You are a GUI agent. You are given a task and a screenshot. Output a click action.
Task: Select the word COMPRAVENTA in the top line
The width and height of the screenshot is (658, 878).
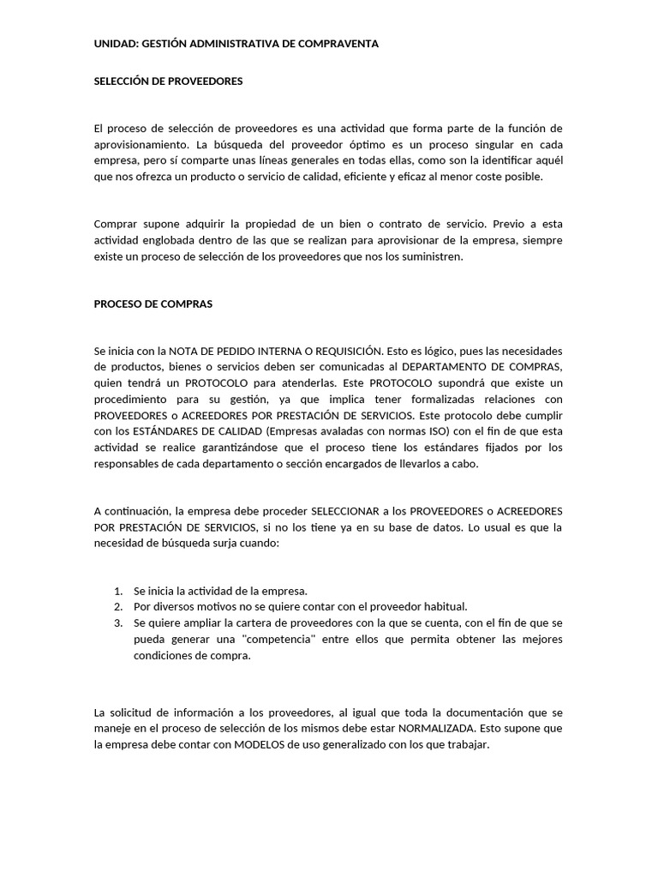click(338, 43)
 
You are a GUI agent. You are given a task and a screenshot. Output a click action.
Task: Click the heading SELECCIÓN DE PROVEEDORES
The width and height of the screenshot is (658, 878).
click(168, 81)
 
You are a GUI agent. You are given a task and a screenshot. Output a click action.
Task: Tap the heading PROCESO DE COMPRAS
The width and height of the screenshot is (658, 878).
click(153, 304)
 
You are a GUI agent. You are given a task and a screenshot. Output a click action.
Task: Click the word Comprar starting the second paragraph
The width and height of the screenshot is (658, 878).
click(114, 225)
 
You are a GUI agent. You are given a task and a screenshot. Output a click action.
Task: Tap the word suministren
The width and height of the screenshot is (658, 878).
click(435, 256)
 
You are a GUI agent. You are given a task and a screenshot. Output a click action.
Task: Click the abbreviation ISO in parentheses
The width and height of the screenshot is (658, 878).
click(440, 431)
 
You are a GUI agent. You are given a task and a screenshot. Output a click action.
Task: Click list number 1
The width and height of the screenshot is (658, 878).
click(118, 591)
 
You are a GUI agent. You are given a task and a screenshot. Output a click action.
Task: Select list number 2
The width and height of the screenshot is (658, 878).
click(118, 607)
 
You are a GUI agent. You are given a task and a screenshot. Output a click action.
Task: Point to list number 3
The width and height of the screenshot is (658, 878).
click(118, 623)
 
